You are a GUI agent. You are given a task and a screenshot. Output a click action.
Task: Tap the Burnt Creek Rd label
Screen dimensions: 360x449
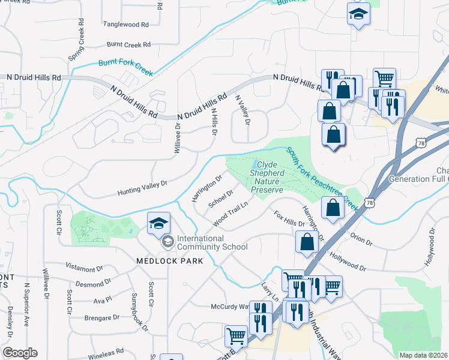click(x=128, y=44)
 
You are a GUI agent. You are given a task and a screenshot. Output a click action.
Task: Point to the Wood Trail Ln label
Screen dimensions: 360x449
click(x=231, y=215)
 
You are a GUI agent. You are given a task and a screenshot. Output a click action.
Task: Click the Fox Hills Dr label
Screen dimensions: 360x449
click(x=289, y=218)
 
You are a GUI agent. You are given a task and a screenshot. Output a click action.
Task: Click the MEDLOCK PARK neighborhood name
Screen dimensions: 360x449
click(x=169, y=261)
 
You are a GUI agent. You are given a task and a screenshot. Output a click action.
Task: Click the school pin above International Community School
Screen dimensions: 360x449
click(x=158, y=223)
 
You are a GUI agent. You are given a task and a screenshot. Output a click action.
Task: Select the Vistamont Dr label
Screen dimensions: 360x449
click(x=85, y=268)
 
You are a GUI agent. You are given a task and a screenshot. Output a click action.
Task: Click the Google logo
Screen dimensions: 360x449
click(x=20, y=353)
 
